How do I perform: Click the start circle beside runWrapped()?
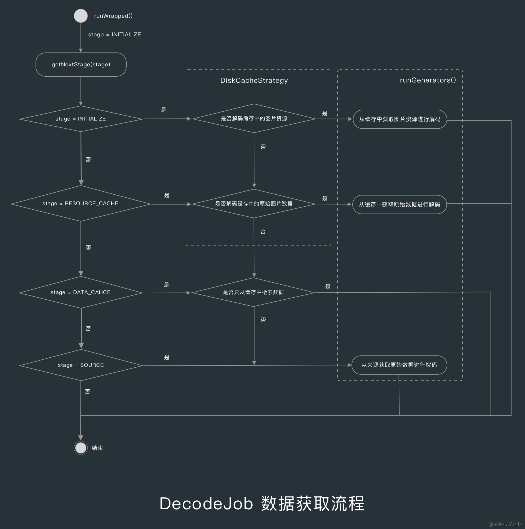[x=81, y=16]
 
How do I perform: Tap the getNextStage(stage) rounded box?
[x=81, y=64]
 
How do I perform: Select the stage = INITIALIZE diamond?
[x=81, y=119]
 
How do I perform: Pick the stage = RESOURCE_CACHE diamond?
[x=81, y=204]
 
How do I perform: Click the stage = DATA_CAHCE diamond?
[x=81, y=292]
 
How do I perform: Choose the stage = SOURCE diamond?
[x=81, y=365]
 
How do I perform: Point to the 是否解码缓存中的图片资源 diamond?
[x=254, y=119]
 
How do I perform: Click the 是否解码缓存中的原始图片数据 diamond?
[x=254, y=204]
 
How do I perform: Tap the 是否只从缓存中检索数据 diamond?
[x=253, y=292]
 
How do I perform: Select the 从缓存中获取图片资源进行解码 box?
[x=400, y=119]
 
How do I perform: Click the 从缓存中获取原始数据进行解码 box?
[x=400, y=205]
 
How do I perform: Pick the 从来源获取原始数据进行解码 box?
[x=399, y=365]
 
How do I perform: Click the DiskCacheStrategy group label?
[x=254, y=81]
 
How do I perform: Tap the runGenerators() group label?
[x=428, y=80]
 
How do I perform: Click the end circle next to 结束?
[x=81, y=448]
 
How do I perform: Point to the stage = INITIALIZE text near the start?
[x=115, y=35]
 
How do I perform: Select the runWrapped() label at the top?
[x=113, y=16]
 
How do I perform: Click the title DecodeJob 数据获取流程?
[x=262, y=503]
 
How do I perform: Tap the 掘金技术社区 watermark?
[x=506, y=524]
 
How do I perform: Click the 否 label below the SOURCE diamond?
[x=87, y=392]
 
